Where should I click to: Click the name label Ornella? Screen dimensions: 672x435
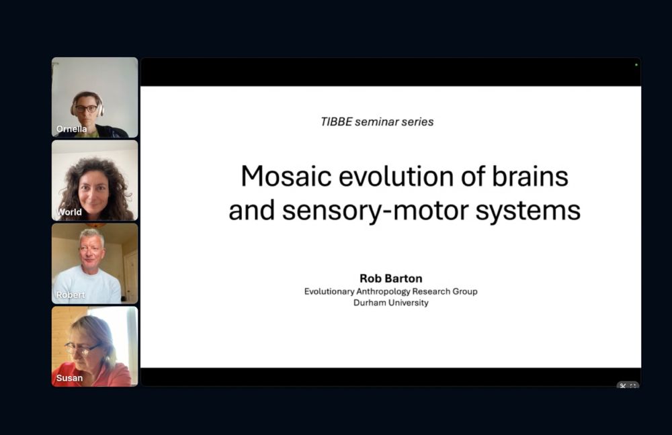[72, 129]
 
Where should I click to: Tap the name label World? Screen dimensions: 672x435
[69, 212]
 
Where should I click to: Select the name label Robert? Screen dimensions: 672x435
[71, 295]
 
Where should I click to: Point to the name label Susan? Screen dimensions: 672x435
[69, 378]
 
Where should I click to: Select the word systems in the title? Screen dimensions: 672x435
[528, 211]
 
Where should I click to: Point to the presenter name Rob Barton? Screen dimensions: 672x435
[391, 279]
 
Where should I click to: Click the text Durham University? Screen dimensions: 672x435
[391, 303]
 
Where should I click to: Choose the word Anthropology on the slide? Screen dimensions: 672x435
[380, 292]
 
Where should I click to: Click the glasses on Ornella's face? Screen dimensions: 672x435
[86, 109]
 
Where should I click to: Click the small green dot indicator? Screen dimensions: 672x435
[636, 64]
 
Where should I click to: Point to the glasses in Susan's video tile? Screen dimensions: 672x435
[81, 348]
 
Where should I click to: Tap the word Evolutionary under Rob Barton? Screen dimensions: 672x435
[329, 292]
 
